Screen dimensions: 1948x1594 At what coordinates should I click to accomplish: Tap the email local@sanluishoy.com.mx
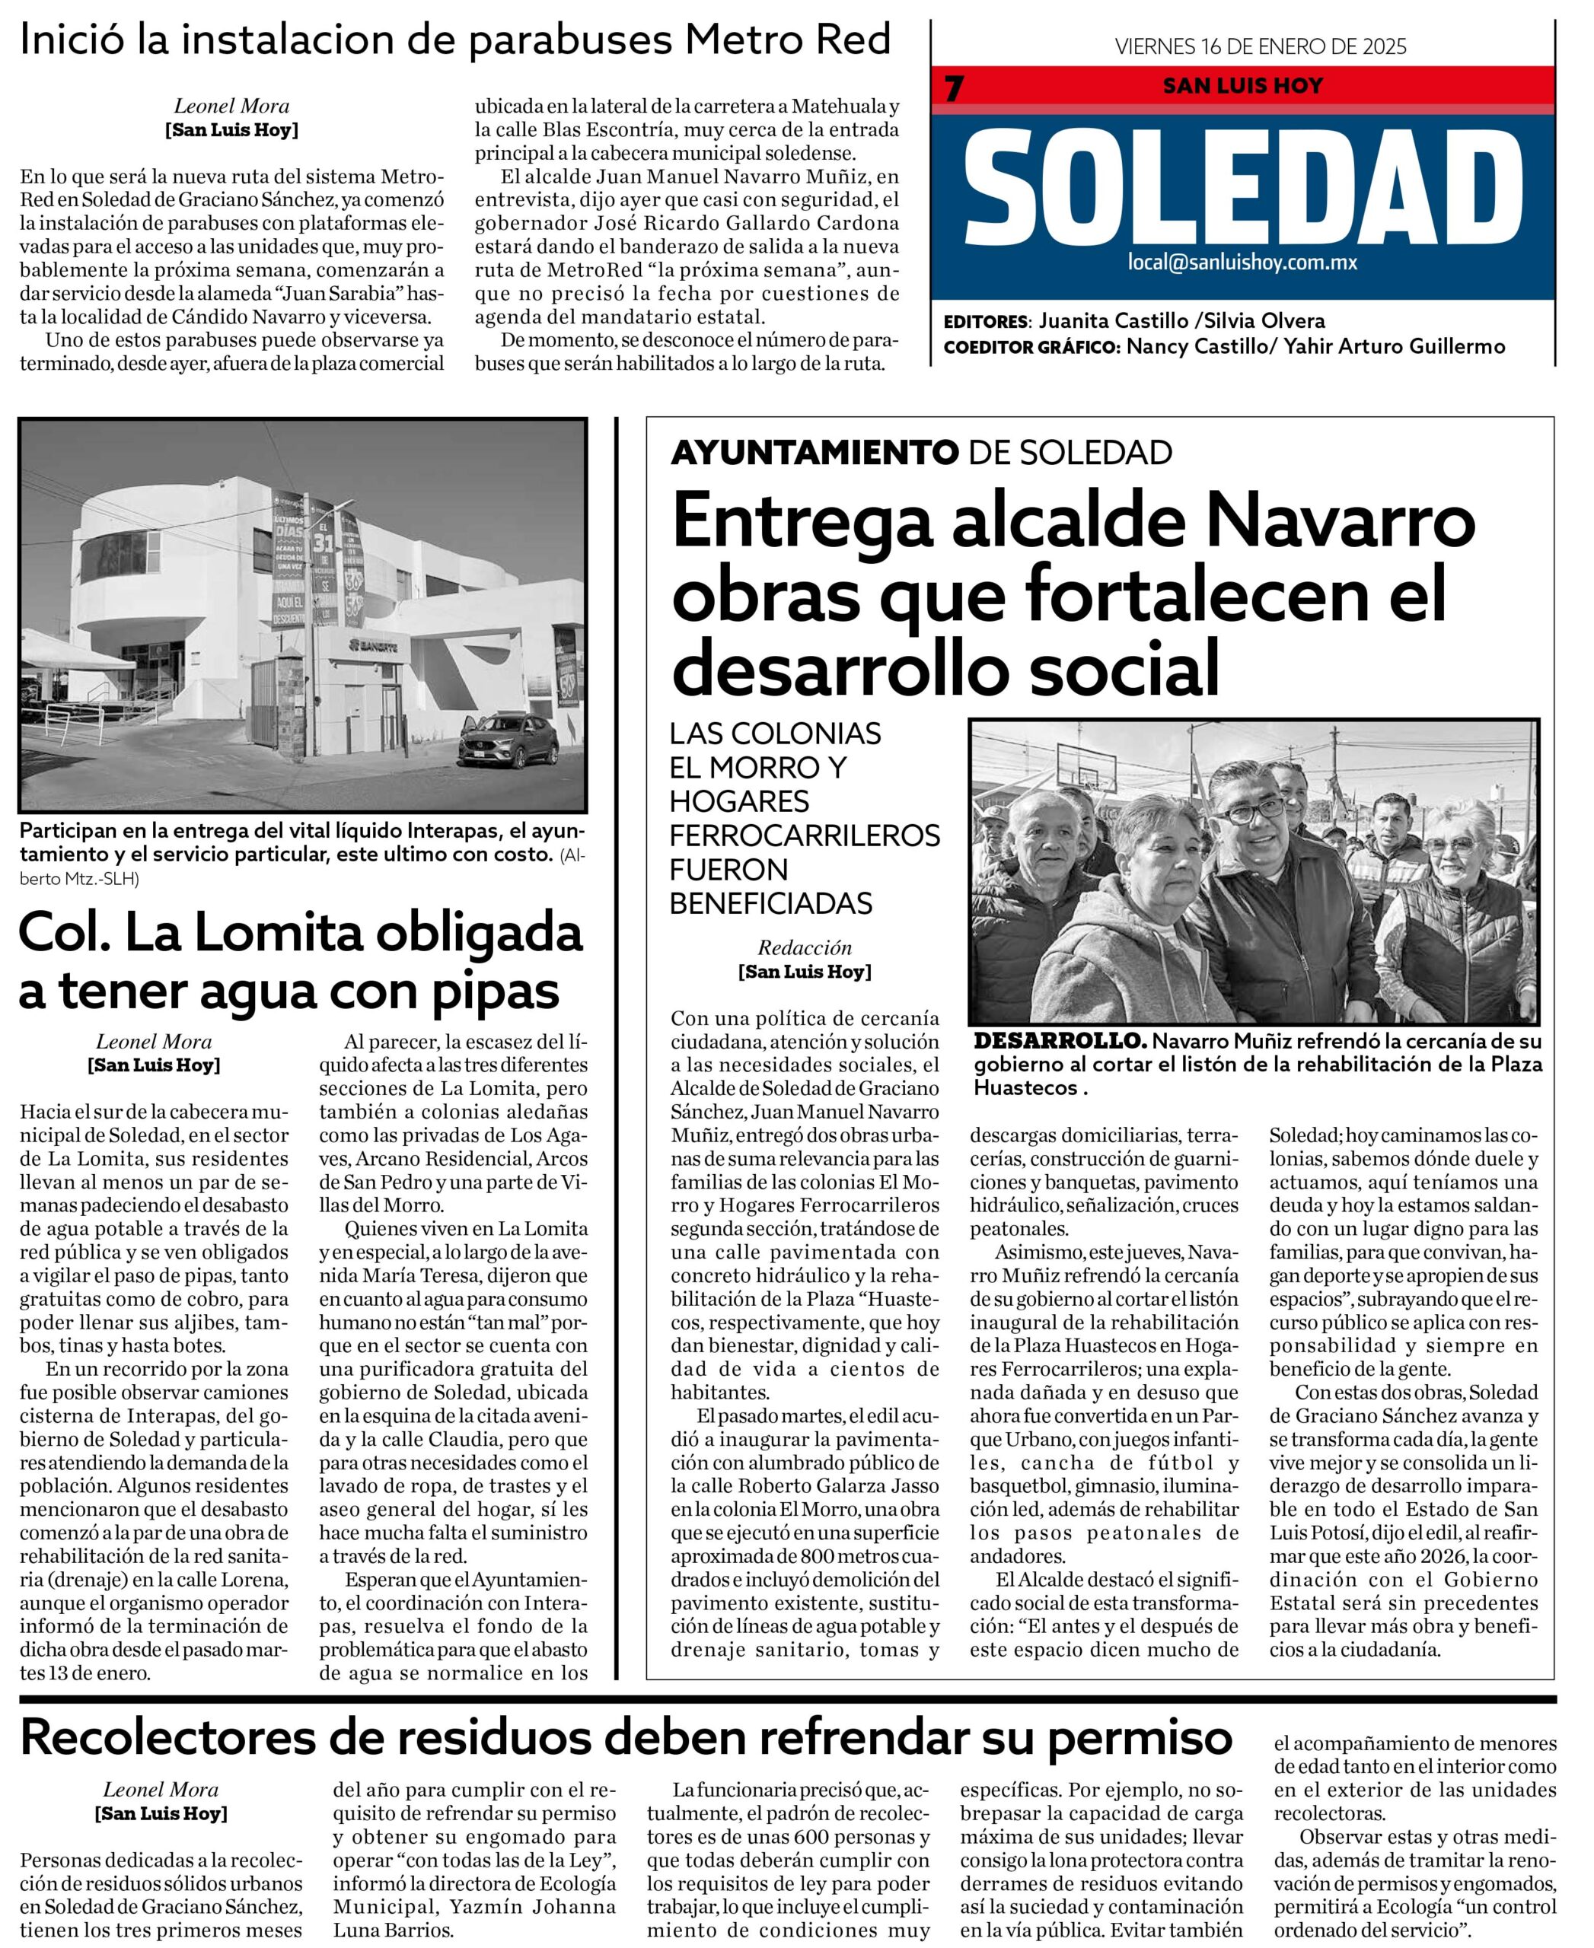[x=1242, y=263]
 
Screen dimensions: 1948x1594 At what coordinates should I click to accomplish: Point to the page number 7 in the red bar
[x=955, y=89]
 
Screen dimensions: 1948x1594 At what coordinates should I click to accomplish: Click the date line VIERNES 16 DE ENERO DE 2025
[x=1260, y=47]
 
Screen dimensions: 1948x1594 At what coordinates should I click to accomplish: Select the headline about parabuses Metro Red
[x=455, y=41]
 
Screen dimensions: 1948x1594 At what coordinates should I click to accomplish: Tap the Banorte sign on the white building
[x=373, y=646]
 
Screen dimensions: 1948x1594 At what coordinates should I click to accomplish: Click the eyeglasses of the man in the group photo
[x=1246, y=811]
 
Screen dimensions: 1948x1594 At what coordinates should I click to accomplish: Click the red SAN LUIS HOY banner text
[x=1242, y=86]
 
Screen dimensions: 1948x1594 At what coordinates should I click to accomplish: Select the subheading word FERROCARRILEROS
[x=805, y=836]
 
